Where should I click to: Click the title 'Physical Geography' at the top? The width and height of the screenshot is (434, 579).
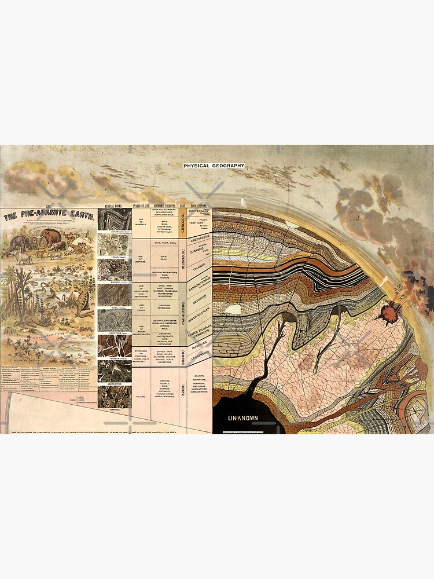[214, 166]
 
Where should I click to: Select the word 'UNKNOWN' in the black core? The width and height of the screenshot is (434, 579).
[242, 417]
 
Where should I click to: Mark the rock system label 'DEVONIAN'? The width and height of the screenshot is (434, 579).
[198, 302]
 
